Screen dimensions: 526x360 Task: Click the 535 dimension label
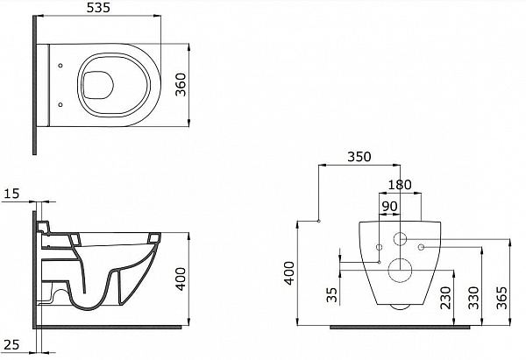[98, 8]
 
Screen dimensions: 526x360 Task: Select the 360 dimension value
[181, 84]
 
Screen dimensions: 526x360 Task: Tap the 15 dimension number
[11, 194]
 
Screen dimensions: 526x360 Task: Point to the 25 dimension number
[11, 344]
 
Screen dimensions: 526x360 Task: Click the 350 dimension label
[359, 157]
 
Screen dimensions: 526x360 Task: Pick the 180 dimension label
[400, 184]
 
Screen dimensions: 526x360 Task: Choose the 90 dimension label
[389, 207]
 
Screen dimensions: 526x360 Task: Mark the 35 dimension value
[331, 294]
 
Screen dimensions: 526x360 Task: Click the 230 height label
[445, 298]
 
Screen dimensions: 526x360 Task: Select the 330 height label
[473, 298]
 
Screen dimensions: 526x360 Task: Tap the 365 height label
[501, 298]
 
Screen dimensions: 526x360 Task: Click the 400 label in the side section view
[181, 279]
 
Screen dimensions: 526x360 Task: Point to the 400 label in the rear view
[288, 273]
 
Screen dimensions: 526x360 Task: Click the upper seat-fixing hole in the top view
[60, 66]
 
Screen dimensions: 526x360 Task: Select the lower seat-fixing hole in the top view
[60, 105]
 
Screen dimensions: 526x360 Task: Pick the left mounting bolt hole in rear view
[380, 247]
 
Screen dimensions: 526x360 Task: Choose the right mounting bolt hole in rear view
[422, 247]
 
